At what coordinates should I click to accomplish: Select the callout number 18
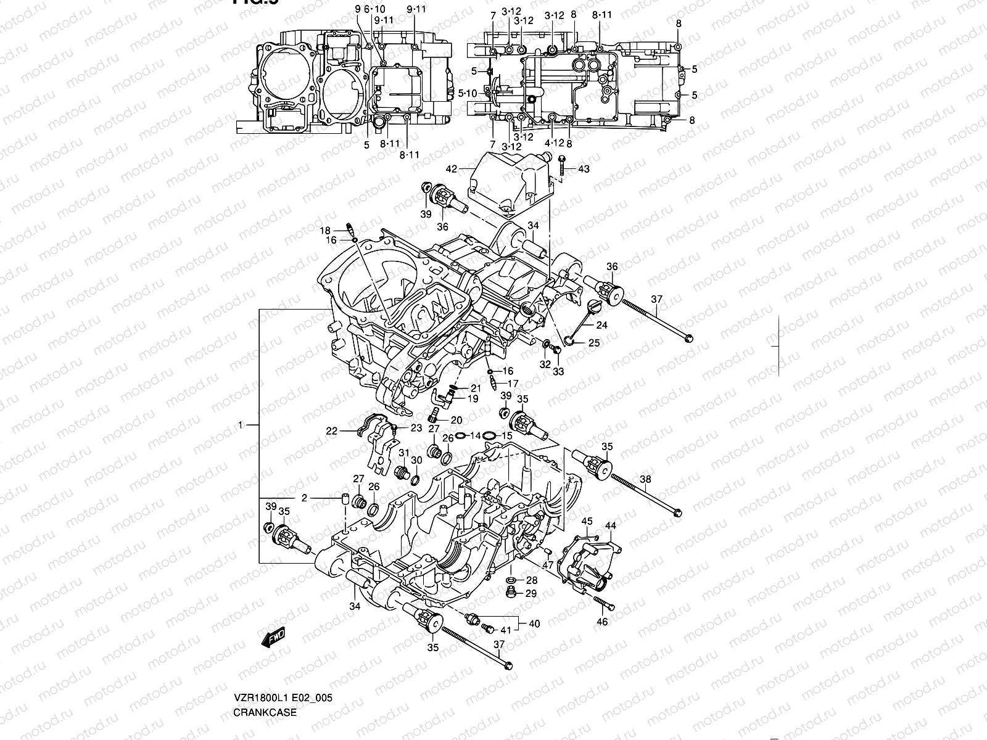[325, 231]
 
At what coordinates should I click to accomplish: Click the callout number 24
[601, 325]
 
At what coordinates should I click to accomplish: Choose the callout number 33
[558, 372]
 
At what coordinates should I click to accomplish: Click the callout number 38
[645, 479]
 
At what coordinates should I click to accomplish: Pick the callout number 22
[332, 431]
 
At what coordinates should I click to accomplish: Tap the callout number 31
[403, 453]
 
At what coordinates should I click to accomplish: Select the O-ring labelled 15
[489, 436]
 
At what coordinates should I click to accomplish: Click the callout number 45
[587, 522]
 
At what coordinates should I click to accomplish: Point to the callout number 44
[611, 525]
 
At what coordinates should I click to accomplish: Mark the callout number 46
[602, 622]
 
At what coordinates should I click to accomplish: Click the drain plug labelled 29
[510, 593]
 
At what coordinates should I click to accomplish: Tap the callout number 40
[534, 623]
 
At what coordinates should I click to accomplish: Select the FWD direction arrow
[273, 638]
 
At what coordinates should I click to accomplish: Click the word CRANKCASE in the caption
[265, 712]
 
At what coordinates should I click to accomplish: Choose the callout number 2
[304, 498]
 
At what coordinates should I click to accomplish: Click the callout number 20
[456, 420]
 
